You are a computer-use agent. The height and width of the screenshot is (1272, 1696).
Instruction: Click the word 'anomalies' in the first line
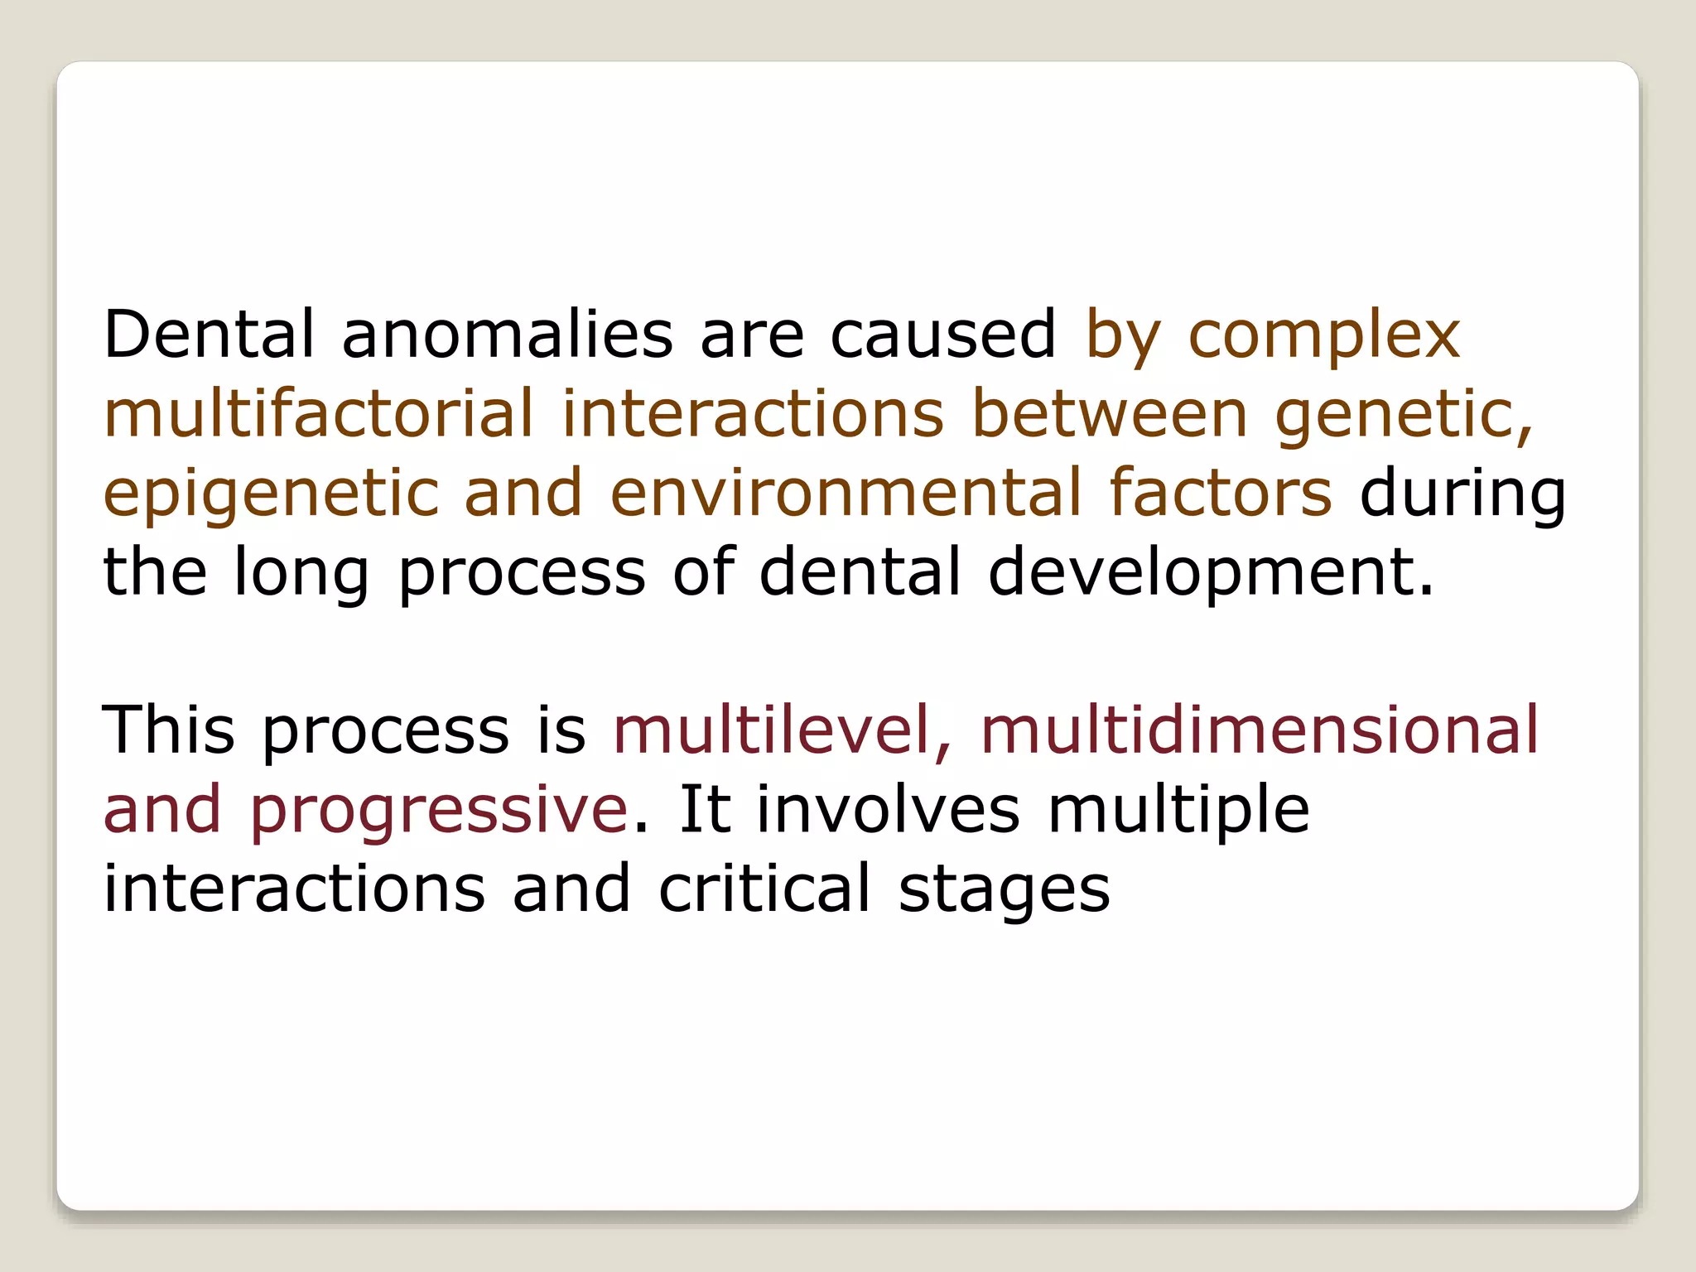(507, 335)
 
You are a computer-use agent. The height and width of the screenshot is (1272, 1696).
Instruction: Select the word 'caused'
(942, 335)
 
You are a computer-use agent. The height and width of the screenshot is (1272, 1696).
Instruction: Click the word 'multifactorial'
(319, 414)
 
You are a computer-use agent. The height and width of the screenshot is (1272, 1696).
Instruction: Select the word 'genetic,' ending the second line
(1403, 414)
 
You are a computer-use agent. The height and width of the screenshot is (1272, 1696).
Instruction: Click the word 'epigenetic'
(271, 494)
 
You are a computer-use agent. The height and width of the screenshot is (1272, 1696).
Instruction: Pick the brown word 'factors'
(1220, 493)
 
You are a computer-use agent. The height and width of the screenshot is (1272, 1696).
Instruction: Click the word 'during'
(1462, 494)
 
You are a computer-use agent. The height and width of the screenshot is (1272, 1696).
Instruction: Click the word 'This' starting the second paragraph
(169, 730)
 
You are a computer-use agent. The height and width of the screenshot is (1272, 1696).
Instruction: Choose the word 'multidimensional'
(1259, 730)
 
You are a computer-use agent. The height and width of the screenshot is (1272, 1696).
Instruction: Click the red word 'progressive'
(439, 811)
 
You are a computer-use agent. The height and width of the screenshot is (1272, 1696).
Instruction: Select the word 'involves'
(888, 809)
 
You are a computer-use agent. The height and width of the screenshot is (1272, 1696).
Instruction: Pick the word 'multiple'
(1178, 811)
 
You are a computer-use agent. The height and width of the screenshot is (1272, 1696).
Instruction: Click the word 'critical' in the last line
(764, 889)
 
